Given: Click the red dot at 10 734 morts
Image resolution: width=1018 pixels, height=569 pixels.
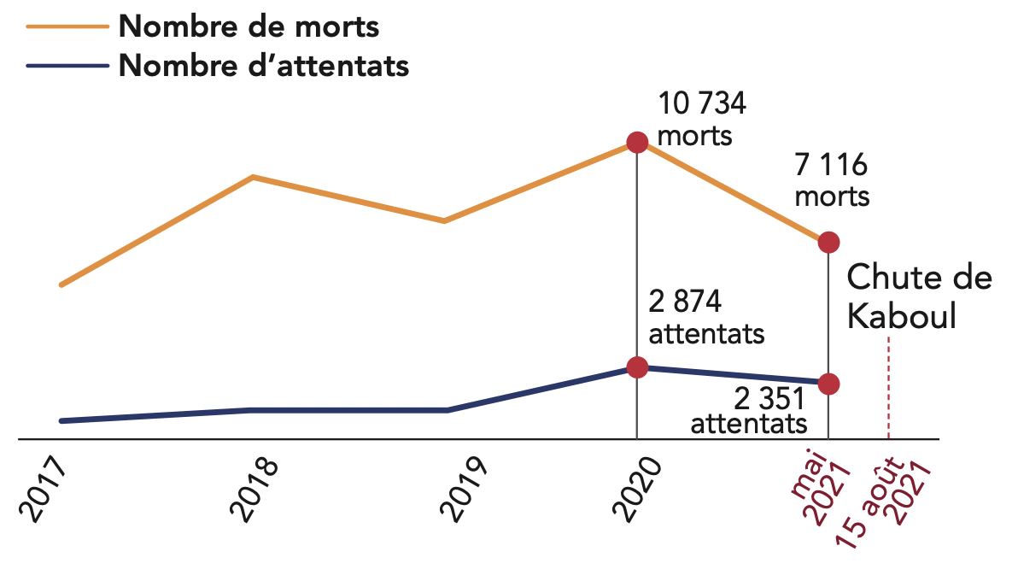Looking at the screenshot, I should pyautogui.click(x=637, y=142).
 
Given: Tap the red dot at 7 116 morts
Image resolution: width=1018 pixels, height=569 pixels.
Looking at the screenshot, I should pyautogui.click(x=828, y=243).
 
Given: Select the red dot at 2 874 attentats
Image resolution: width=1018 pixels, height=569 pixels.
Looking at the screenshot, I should pyautogui.click(x=637, y=367).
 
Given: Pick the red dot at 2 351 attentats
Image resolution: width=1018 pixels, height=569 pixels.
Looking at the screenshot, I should pyautogui.click(x=828, y=384).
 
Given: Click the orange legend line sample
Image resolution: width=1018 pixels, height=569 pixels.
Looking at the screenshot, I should pyautogui.click(x=67, y=26).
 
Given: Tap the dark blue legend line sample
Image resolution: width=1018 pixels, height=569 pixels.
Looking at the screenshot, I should pyautogui.click(x=67, y=66).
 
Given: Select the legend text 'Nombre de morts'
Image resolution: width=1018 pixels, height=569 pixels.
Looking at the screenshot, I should pyautogui.click(x=249, y=26).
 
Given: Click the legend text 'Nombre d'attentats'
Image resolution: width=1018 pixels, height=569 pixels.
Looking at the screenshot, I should pyautogui.click(x=264, y=66).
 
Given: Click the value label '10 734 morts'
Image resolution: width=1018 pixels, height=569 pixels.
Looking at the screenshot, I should pyautogui.click(x=701, y=120).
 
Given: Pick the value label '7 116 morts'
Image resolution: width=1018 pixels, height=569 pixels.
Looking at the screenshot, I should pyautogui.click(x=832, y=179).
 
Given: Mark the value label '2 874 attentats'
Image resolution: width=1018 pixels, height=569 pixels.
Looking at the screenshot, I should pyautogui.click(x=705, y=317).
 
